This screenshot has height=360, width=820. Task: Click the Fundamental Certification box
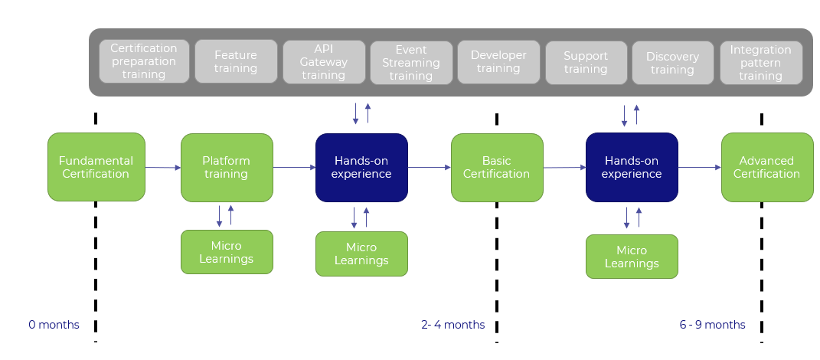(x=96, y=167)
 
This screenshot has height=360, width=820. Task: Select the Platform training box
(x=227, y=167)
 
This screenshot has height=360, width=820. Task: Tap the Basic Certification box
(x=496, y=167)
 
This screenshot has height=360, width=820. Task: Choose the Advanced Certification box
(x=766, y=167)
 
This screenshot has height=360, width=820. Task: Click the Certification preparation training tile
(x=144, y=61)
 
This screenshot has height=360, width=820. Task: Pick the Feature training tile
(x=235, y=61)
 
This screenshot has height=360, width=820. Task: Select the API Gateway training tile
(x=323, y=61)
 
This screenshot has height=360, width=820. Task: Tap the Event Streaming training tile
(x=410, y=61)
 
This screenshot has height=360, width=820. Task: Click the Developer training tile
(x=498, y=61)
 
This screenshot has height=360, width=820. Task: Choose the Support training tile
(x=586, y=61)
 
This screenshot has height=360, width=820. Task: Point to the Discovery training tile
(x=672, y=61)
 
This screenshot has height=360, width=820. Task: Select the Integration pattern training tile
(x=760, y=61)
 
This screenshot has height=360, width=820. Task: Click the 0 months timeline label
(x=54, y=325)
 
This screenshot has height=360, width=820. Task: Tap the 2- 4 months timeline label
(x=452, y=325)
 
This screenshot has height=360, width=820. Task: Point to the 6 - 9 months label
(x=712, y=325)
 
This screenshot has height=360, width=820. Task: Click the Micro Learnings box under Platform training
(x=227, y=252)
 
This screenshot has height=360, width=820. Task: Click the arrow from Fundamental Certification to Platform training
(x=162, y=167)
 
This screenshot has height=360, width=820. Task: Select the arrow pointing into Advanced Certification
(x=699, y=167)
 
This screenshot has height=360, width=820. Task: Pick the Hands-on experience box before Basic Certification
(x=361, y=167)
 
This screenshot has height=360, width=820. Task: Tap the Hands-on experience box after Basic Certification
(x=632, y=167)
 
